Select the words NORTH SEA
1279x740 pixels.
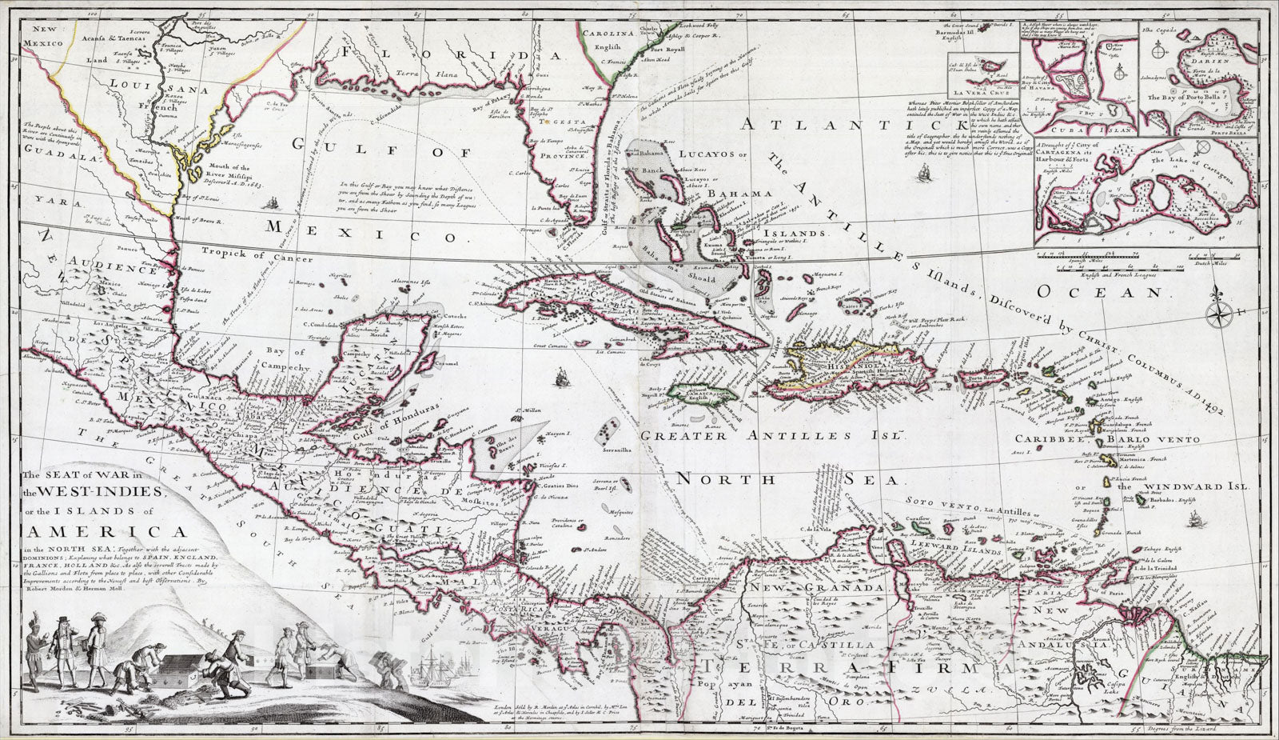pos(787,478)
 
